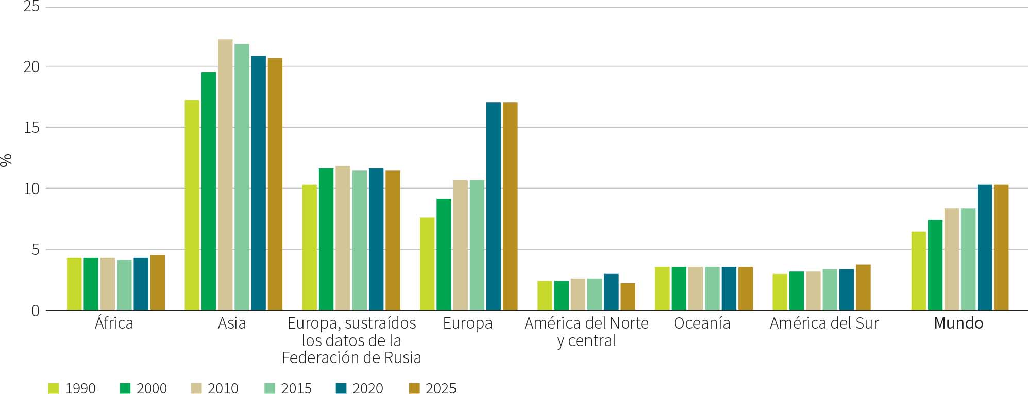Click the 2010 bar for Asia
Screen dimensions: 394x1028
click(x=225, y=175)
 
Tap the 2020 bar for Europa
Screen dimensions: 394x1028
click(x=494, y=206)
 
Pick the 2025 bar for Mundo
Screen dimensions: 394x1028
click(x=1001, y=247)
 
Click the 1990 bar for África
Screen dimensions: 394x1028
click(x=74, y=284)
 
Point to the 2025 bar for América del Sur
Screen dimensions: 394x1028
click(x=863, y=287)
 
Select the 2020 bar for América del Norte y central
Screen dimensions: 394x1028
click(x=611, y=292)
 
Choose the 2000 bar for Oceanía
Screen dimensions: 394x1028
click(x=679, y=288)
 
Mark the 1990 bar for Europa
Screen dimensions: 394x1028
click(x=427, y=264)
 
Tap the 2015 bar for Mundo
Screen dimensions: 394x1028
click(x=968, y=259)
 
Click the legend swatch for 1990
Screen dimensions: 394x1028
click(x=54, y=388)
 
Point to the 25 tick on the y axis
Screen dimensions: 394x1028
click(x=31, y=7)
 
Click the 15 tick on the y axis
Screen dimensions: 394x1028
click(x=31, y=127)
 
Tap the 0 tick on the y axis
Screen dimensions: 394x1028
click(x=35, y=311)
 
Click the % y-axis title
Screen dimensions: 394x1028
click(x=6, y=160)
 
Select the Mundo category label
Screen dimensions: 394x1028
click(x=958, y=323)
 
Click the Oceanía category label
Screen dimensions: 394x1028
click(x=702, y=323)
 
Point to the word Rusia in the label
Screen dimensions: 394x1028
click(x=402, y=357)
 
